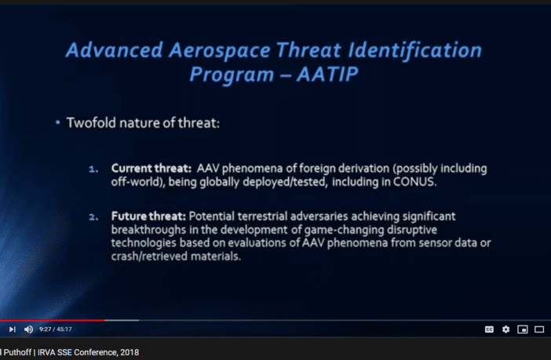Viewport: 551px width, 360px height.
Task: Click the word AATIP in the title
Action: [327, 74]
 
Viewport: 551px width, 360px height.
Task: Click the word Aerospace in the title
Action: [219, 50]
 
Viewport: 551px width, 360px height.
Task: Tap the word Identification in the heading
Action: [414, 49]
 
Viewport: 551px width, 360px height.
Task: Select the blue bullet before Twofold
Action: [57, 122]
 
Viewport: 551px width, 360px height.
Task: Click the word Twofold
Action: [91, 123]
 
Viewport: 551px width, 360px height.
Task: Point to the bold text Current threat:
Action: [151, 168]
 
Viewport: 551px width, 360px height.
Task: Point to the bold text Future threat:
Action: [148, 216]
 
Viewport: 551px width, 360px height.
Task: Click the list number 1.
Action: [93, 169]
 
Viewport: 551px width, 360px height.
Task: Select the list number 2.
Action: [93, 217]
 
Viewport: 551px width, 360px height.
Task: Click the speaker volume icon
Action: [28, 329]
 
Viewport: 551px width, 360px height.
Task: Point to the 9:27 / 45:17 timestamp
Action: [56, 329]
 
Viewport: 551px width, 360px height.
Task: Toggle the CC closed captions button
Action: [489, 329]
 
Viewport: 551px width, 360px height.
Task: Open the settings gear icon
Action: [505, 329]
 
